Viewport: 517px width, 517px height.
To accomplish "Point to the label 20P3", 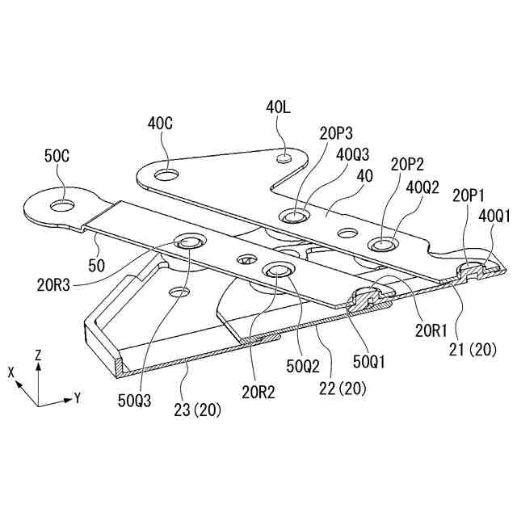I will tap(335, 133).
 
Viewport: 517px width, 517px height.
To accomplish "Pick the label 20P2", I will tap(406, 164).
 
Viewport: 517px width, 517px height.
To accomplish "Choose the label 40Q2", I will tap(422, 187).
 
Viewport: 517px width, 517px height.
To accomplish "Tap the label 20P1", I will tap(469, 195).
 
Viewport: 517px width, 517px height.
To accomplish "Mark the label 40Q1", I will tap(494, 216).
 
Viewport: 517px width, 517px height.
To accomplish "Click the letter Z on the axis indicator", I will tap(39, 355).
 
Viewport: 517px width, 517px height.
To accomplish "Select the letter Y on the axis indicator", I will tap(78, 397).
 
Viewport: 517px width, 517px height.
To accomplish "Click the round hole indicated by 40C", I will tap(168, 174).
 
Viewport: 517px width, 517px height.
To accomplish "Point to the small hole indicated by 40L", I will tap(284, 159).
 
